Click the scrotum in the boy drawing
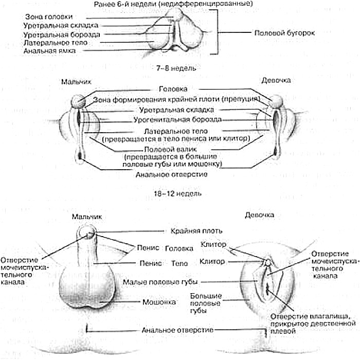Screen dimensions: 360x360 click(x=96, y=288)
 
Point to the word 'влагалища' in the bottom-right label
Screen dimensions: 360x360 click(x=334, y=315)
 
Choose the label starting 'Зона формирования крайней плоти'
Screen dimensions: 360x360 click(x=177, y=99)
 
